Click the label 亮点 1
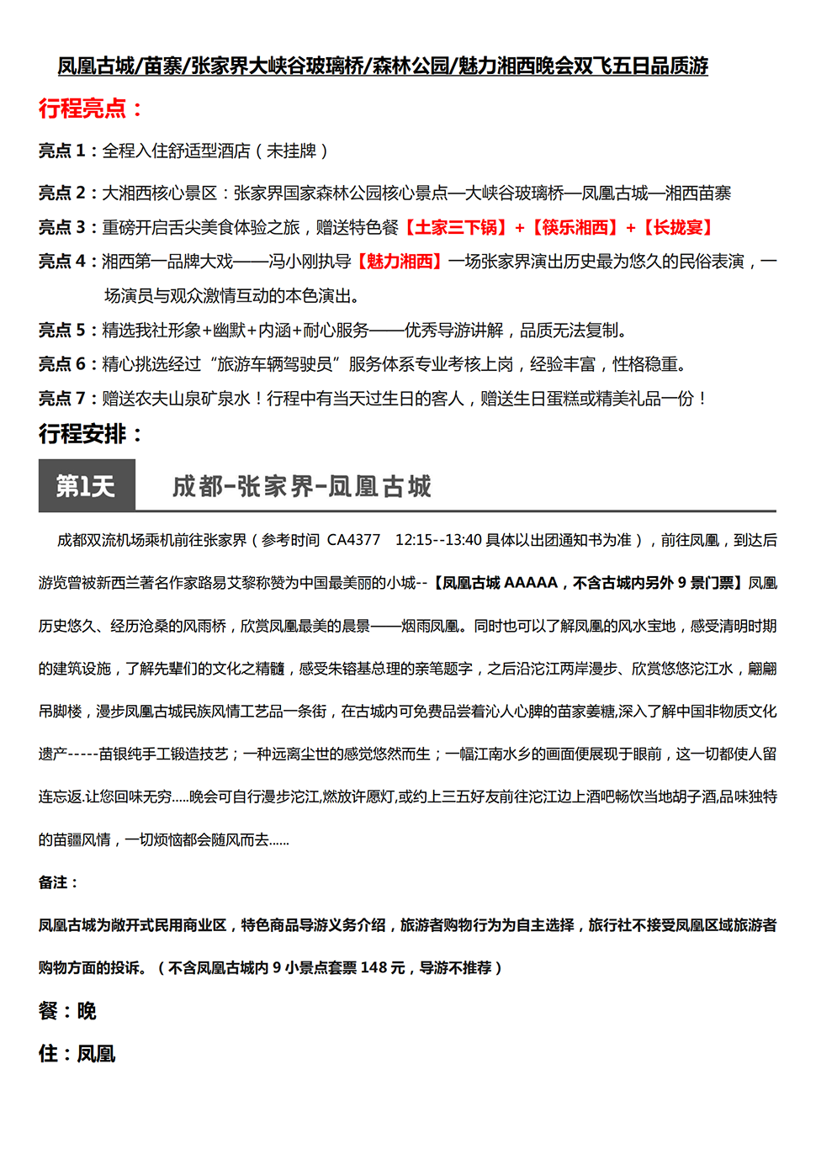[x=62, y=151]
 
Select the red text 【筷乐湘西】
[x=575, y=228]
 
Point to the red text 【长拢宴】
[x=678, y=228]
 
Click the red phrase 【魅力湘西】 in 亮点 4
[x=400, y=262]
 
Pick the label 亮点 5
[x=62, y=331]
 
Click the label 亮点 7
[x=62, y=399]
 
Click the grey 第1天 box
[x=86, y=485]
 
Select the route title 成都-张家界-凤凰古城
[x=301, y=486]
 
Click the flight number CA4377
[x=353, y=540]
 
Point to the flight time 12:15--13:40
[x=438, y=540]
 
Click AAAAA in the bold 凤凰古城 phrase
[x=531, y=583]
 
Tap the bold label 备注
[x=57, y=882]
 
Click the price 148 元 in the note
[x=382, y=968]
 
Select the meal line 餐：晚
[x=67, y=1011]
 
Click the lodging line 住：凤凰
[x=77, y=1054]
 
